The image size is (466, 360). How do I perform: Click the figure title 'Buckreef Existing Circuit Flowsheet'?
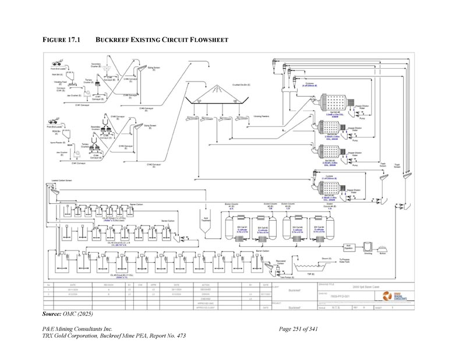tap(161, 40)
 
